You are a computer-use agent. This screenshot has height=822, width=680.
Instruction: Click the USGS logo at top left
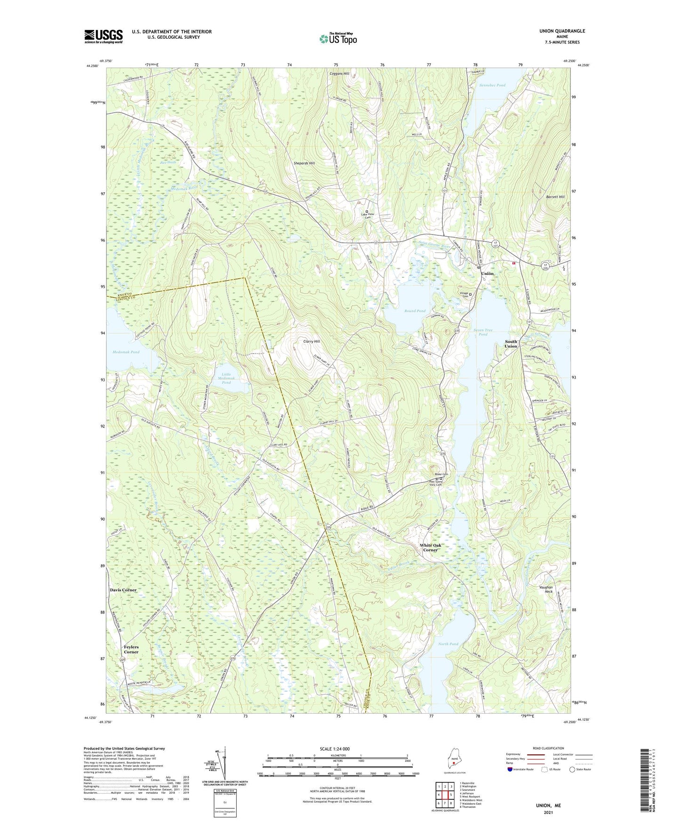click(104, 36)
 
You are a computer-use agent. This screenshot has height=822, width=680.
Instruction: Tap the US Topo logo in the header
click(338, 39)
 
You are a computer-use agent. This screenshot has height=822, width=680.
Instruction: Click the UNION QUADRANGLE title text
click(562, 31)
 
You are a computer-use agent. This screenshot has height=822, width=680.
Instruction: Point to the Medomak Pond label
click(126, 352)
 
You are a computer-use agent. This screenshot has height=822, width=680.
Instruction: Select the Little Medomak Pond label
click(226, 379)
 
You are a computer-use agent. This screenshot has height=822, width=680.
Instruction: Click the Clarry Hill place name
click(312, 341)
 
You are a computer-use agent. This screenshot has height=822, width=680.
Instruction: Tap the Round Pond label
click(415, 311)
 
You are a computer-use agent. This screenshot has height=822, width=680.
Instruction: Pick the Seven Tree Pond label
click(483, 332)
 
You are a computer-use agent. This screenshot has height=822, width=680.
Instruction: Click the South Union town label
click(511, 344)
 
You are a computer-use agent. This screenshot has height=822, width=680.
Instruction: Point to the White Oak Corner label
click(430, 548)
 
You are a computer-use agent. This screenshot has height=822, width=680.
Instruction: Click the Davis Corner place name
click(123, 590)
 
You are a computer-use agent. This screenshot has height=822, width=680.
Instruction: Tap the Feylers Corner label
click(131, 650)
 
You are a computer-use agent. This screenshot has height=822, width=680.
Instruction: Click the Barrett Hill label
click(555, 197)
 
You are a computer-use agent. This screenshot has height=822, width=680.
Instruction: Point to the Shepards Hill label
click(304, 163)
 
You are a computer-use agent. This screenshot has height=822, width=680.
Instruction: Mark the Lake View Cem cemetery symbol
click(368, 211)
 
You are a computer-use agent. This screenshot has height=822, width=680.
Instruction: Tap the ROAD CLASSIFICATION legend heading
click(549, 748)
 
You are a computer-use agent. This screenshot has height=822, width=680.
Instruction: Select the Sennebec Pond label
click(492, 85)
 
